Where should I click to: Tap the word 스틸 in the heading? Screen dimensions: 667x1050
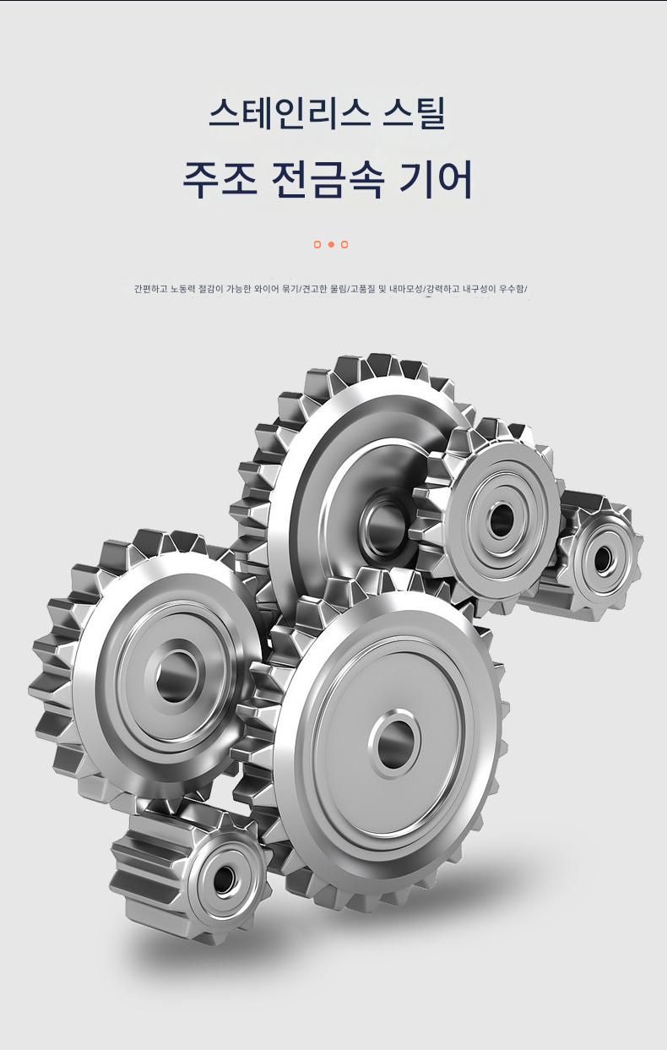click(x=414, y=113)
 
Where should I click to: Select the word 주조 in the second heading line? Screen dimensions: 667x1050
click(x=220, y=180)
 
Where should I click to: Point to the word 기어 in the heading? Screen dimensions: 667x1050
click(x=436, y=180)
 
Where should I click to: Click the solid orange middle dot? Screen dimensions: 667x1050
click(x=331, y=244)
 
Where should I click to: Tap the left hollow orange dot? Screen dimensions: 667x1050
click(x=317, y=244)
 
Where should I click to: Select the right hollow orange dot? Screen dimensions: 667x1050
click(x=344, y=244)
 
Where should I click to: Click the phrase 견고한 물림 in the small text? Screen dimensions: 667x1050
click(x=323, y=289)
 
